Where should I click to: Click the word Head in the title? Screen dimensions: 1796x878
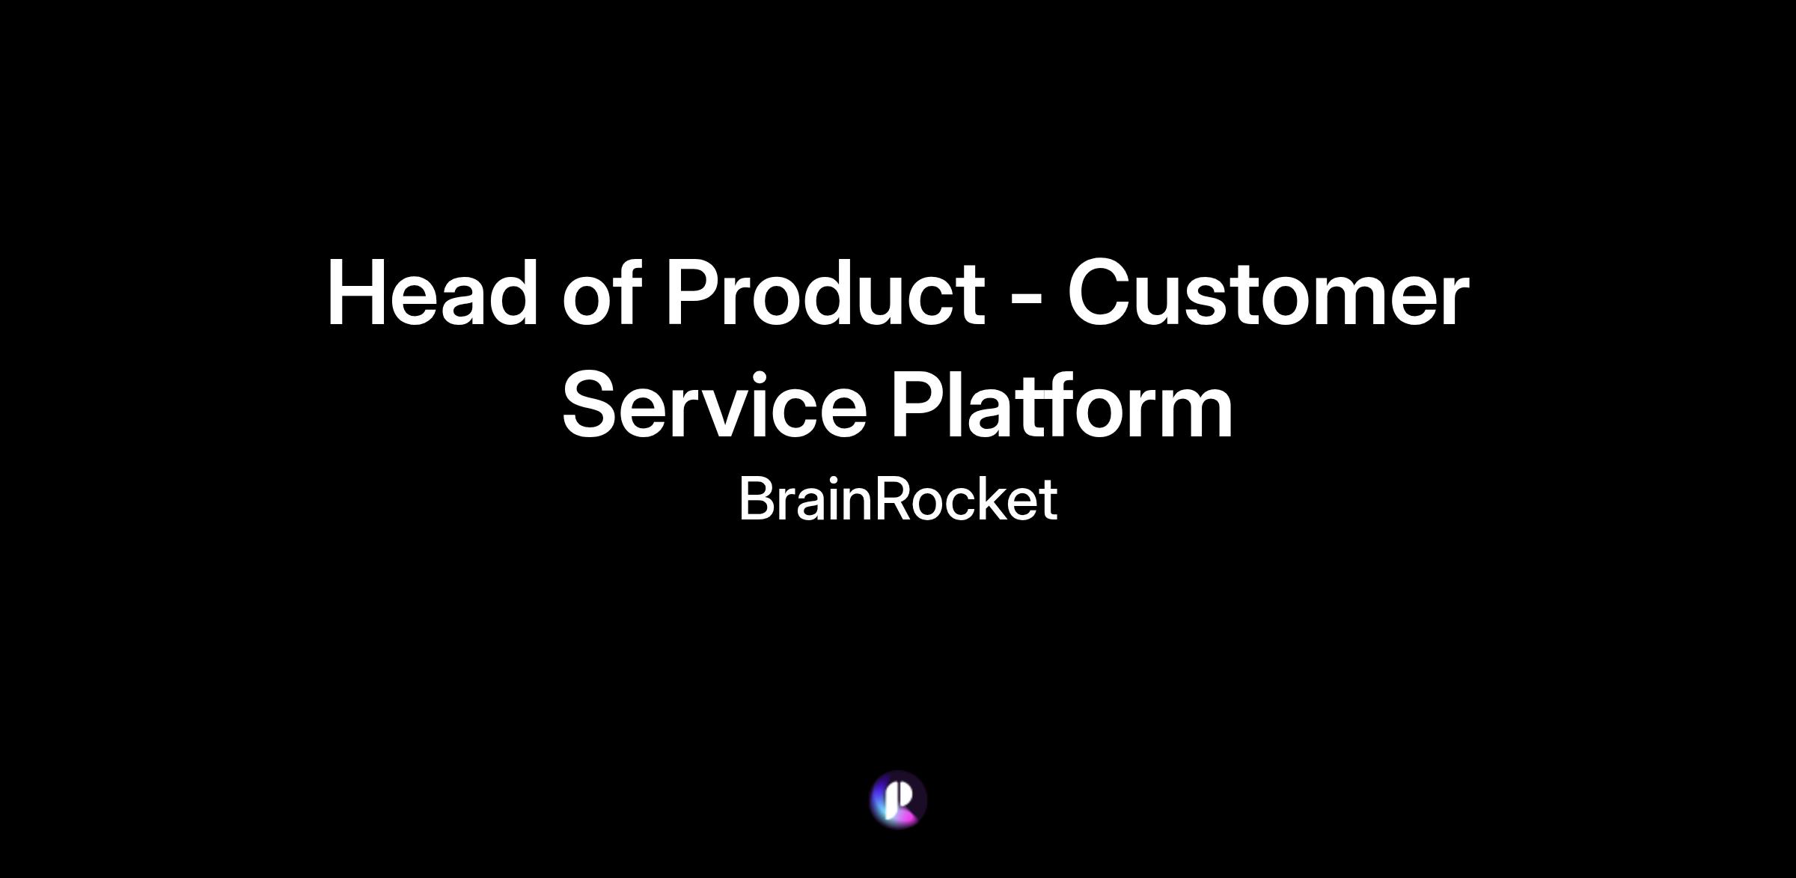tap(433, 292)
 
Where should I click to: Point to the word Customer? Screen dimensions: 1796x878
tap(1268, 292)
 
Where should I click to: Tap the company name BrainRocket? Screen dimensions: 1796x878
tap(898, 499)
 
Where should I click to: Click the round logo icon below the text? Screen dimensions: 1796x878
tap(898, 799)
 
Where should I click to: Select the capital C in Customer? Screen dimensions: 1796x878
tap(1099, 292)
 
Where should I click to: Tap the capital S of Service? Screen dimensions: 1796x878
tap(591, 405)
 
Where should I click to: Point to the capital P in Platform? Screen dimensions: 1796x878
tap(917, 403)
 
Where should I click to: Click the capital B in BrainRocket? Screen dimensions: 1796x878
tap(756, 499)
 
